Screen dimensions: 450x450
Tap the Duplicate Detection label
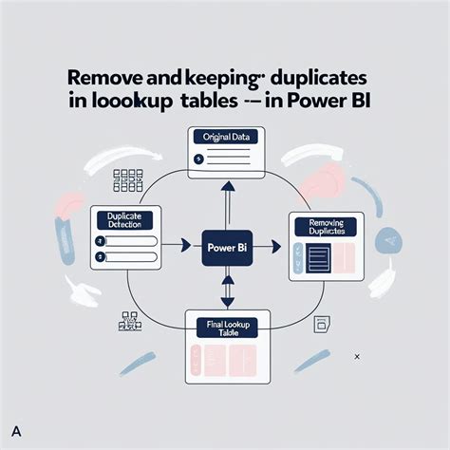127,220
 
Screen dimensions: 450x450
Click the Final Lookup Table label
226,328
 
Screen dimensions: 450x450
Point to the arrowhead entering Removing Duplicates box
276,248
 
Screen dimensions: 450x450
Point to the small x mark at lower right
356,356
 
